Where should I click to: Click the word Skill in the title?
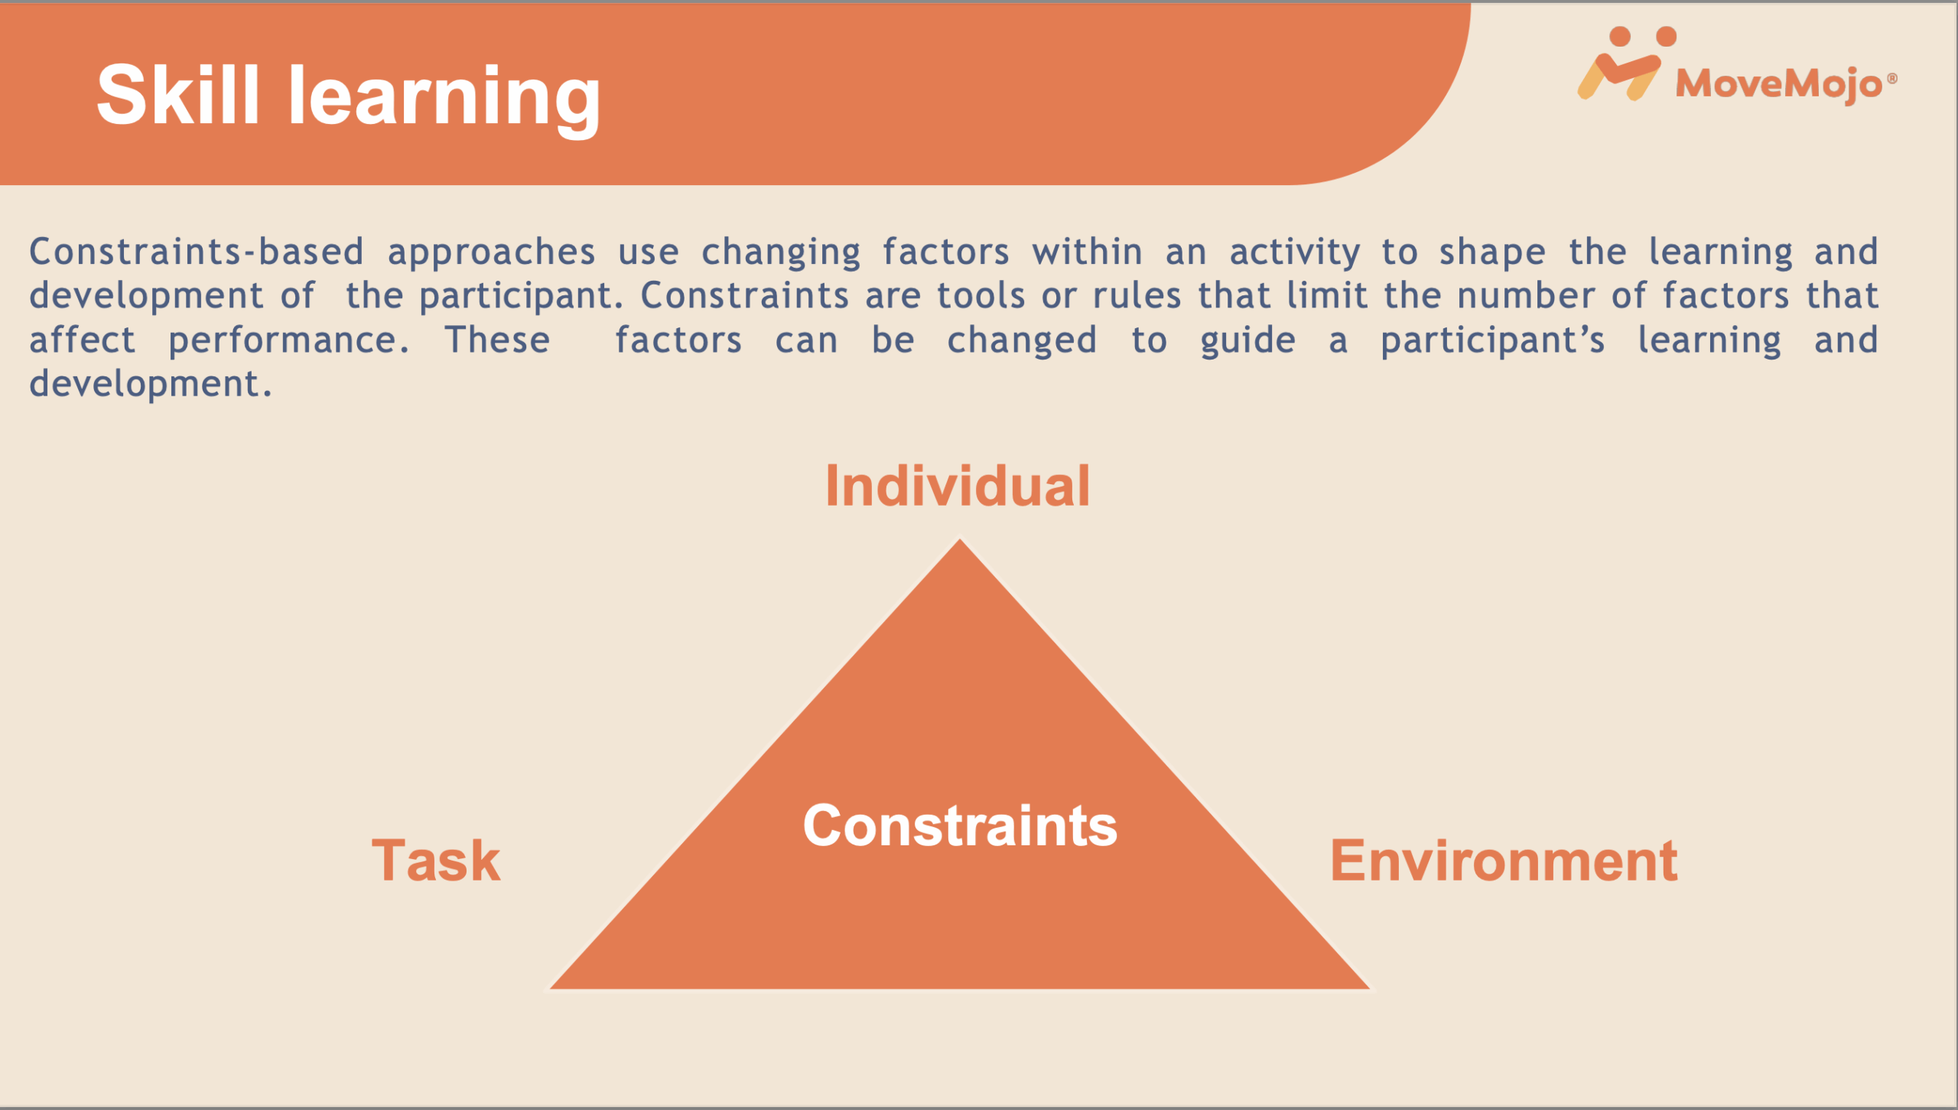pyautogui.click(x=178, y=96)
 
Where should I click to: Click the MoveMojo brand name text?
pyautogui.click(x=1779, y=83)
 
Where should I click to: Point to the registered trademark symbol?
pyautogui.click(x=1891, y=78)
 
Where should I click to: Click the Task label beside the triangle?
pyautogui.click(x=436, y=861)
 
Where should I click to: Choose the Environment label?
pyautogui.click(x=1504, y=861)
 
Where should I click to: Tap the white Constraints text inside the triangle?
pyautogui.click(x=960, y=826)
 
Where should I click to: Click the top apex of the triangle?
pyautogui.click(x=960, y=539)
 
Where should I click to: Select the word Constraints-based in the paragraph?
pyautogui.click(x=197, y=252)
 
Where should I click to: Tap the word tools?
pyautogui.click(x=981, y=295)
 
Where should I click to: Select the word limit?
pyautogui.click(x=1327, y=295)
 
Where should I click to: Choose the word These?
pyautogui.click(x=498, y=340)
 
